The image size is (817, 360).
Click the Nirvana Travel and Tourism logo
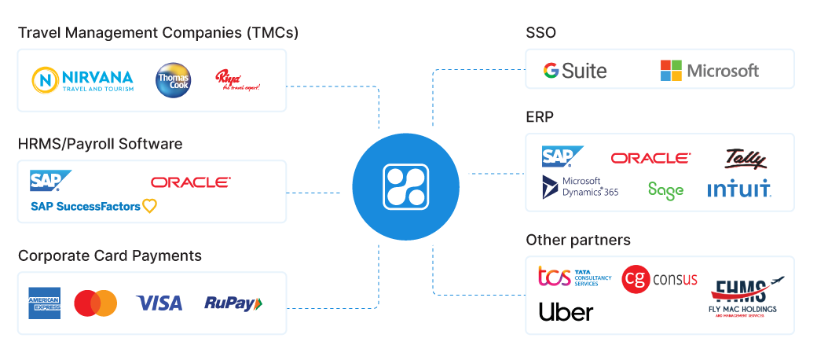pyautogui.click(x=82, y=79)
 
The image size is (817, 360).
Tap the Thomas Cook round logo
pyautogui.click(x=173, y=80)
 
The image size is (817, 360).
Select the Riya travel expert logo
pyautogui.click(x=236, y=80)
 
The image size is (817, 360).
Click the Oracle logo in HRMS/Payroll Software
pyautogui.click(x=191, y=182)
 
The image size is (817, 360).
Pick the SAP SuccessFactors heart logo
pyautogui.click(x=93, y=206)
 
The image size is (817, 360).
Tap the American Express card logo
pyautogui.click(x=45, y=303)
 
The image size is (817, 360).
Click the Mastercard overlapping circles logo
pyautogui.click(x=95, y=303)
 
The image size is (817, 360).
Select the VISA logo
pyautogui.click(x=159, y=303)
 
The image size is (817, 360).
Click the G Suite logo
pyautogui.click(x=575, y=71)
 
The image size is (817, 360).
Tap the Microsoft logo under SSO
pyautogui.click(x=709, y=70)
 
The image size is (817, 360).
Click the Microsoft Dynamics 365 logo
pyautogui.click(x=581, y=188)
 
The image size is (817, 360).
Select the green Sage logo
pyautogui.click(x=665, y=189)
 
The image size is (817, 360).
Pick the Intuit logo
pyautogui.click(x=739, y=189)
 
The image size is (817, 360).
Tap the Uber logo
pyautogui.click(x=566, y=312)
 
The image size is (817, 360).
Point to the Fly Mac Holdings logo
pyautogui.click(x=742, y=296)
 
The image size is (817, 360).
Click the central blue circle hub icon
pyautogui.click(x=406, y=187)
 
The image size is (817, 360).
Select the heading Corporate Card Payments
pyautogui.click(x=110, y=256)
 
